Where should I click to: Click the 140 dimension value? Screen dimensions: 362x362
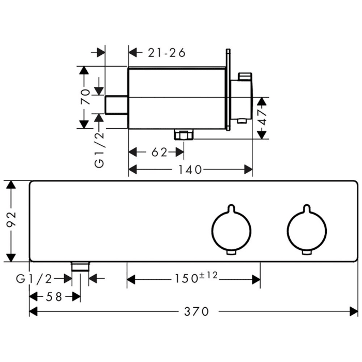coord(190,169)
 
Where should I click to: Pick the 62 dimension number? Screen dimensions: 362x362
coord(159,152)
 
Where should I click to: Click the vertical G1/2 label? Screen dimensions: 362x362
coord(99,149)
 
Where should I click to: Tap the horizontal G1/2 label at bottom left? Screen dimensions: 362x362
coord(34,279)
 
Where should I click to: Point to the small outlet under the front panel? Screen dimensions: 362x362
coord(80,266)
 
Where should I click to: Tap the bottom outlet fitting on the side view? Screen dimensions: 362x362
coord(184,135)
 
